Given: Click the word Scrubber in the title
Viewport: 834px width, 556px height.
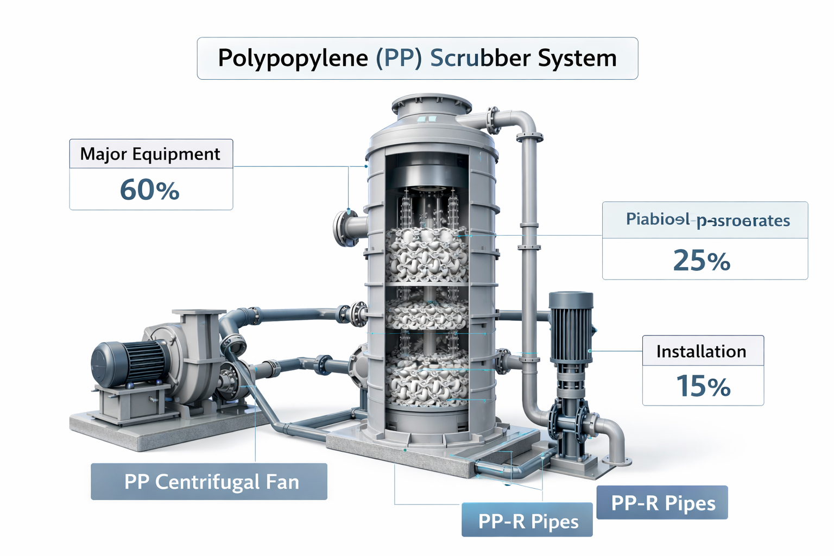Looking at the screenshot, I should coord(477,58).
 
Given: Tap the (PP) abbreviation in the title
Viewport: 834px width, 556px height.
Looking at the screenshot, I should coord(399,58).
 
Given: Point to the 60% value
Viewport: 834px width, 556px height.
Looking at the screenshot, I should coord(150,190).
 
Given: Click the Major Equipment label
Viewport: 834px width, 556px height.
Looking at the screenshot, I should coord(150,154).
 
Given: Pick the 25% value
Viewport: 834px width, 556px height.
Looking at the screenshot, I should coord(702,261).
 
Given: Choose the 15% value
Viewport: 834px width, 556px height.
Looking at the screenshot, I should coord(703,386).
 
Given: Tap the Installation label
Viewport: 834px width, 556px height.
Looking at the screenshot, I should coord(701,351).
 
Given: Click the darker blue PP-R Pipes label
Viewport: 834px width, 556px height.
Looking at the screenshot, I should coord(663,503).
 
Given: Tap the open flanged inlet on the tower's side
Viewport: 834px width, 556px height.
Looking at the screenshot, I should coord(344,228).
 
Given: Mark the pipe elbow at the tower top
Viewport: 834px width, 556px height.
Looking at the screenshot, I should coord(526,122).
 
